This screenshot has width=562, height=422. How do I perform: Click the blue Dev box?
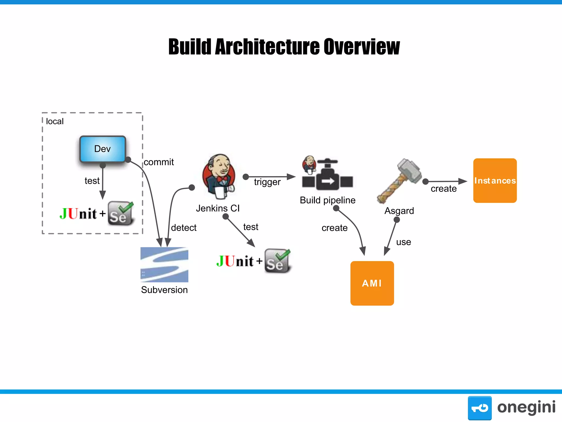coord(103,149)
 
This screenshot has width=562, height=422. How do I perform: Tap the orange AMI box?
coord(372,283)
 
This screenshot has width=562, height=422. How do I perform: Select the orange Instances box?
coord(495,181)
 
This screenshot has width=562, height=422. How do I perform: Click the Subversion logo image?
coord(164,265)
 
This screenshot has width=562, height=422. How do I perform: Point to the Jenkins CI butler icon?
coord(219,176)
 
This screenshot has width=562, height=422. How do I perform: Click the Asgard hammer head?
coord(410,170)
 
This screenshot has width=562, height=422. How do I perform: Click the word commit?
coord(159,162)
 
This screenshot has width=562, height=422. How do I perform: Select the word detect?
coord(184,227)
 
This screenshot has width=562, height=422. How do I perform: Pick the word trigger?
coord(267,182)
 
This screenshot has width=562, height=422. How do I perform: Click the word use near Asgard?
coord(403,242)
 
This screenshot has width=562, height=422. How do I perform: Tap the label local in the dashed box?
coord(55,121)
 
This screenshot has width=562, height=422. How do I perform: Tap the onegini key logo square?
coord(479,408)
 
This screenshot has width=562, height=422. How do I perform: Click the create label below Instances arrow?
coord(443,189)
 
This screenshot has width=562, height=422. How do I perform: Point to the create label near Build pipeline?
coord(334,228)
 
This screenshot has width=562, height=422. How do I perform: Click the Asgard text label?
coord(399,211)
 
